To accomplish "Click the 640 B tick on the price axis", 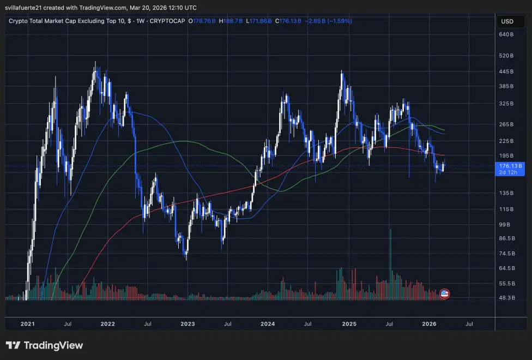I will [506, 35].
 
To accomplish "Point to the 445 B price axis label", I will [506, 71].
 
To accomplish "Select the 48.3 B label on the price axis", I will [506, 298].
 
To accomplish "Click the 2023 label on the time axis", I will [188, 324].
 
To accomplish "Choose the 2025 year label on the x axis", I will [349, 324].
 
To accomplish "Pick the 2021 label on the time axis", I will [27, 324].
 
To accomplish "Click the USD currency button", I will [506, 22].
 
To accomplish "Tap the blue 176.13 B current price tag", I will [510, 166].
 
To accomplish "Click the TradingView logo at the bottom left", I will [45, 345].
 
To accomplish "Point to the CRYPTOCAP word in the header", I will [167, 21].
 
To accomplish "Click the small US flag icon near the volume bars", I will [444, 294].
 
